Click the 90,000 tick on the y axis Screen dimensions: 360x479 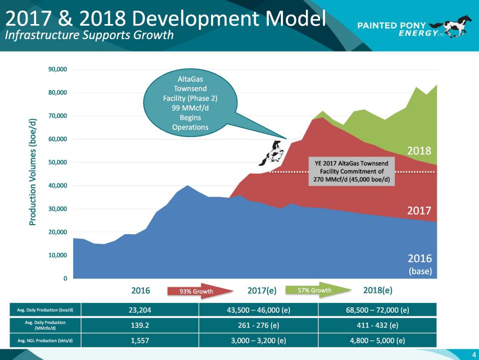coord(58,69)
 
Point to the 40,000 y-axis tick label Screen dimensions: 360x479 coord(58,186)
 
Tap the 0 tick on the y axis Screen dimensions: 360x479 coord(65,278)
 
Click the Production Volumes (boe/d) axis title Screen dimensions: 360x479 coord(33,172)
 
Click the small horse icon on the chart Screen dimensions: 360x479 coord(270,153)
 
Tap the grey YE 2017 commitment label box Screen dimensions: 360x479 coord(351,171)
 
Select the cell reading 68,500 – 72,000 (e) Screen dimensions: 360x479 coord(377,310)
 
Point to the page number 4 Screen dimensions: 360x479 coord(472,354)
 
